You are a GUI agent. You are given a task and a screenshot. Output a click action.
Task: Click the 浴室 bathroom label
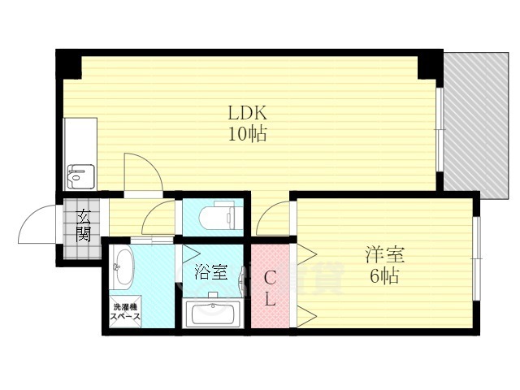click(x=210, y=272)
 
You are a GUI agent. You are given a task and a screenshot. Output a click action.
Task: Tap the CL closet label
click(x=270, y=288)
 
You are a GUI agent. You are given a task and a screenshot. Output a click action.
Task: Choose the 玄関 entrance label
click(x=84, y=225)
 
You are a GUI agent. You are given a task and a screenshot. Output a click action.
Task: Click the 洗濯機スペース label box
click(x=126, y=313)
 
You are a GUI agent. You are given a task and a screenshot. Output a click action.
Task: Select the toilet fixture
click(x=220, y=216)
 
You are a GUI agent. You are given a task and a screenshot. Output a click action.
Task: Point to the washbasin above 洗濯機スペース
click(x=123, y=266)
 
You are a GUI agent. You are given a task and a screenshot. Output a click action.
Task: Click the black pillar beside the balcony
click(x=428, y=64)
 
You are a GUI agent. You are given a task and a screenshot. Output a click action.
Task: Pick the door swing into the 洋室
click(x=275, y=219)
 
